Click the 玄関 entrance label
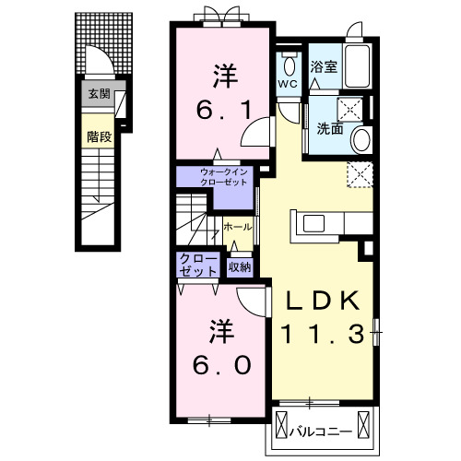coord(100,93)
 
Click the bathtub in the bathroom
coord(357,66)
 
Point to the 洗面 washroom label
coord(330,130)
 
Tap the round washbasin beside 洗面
coord(361,139)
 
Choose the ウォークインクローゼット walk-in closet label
coord(219,175)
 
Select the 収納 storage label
coord(240,269)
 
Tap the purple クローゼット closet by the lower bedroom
coord(199,264)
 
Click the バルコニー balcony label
coord(320,431)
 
